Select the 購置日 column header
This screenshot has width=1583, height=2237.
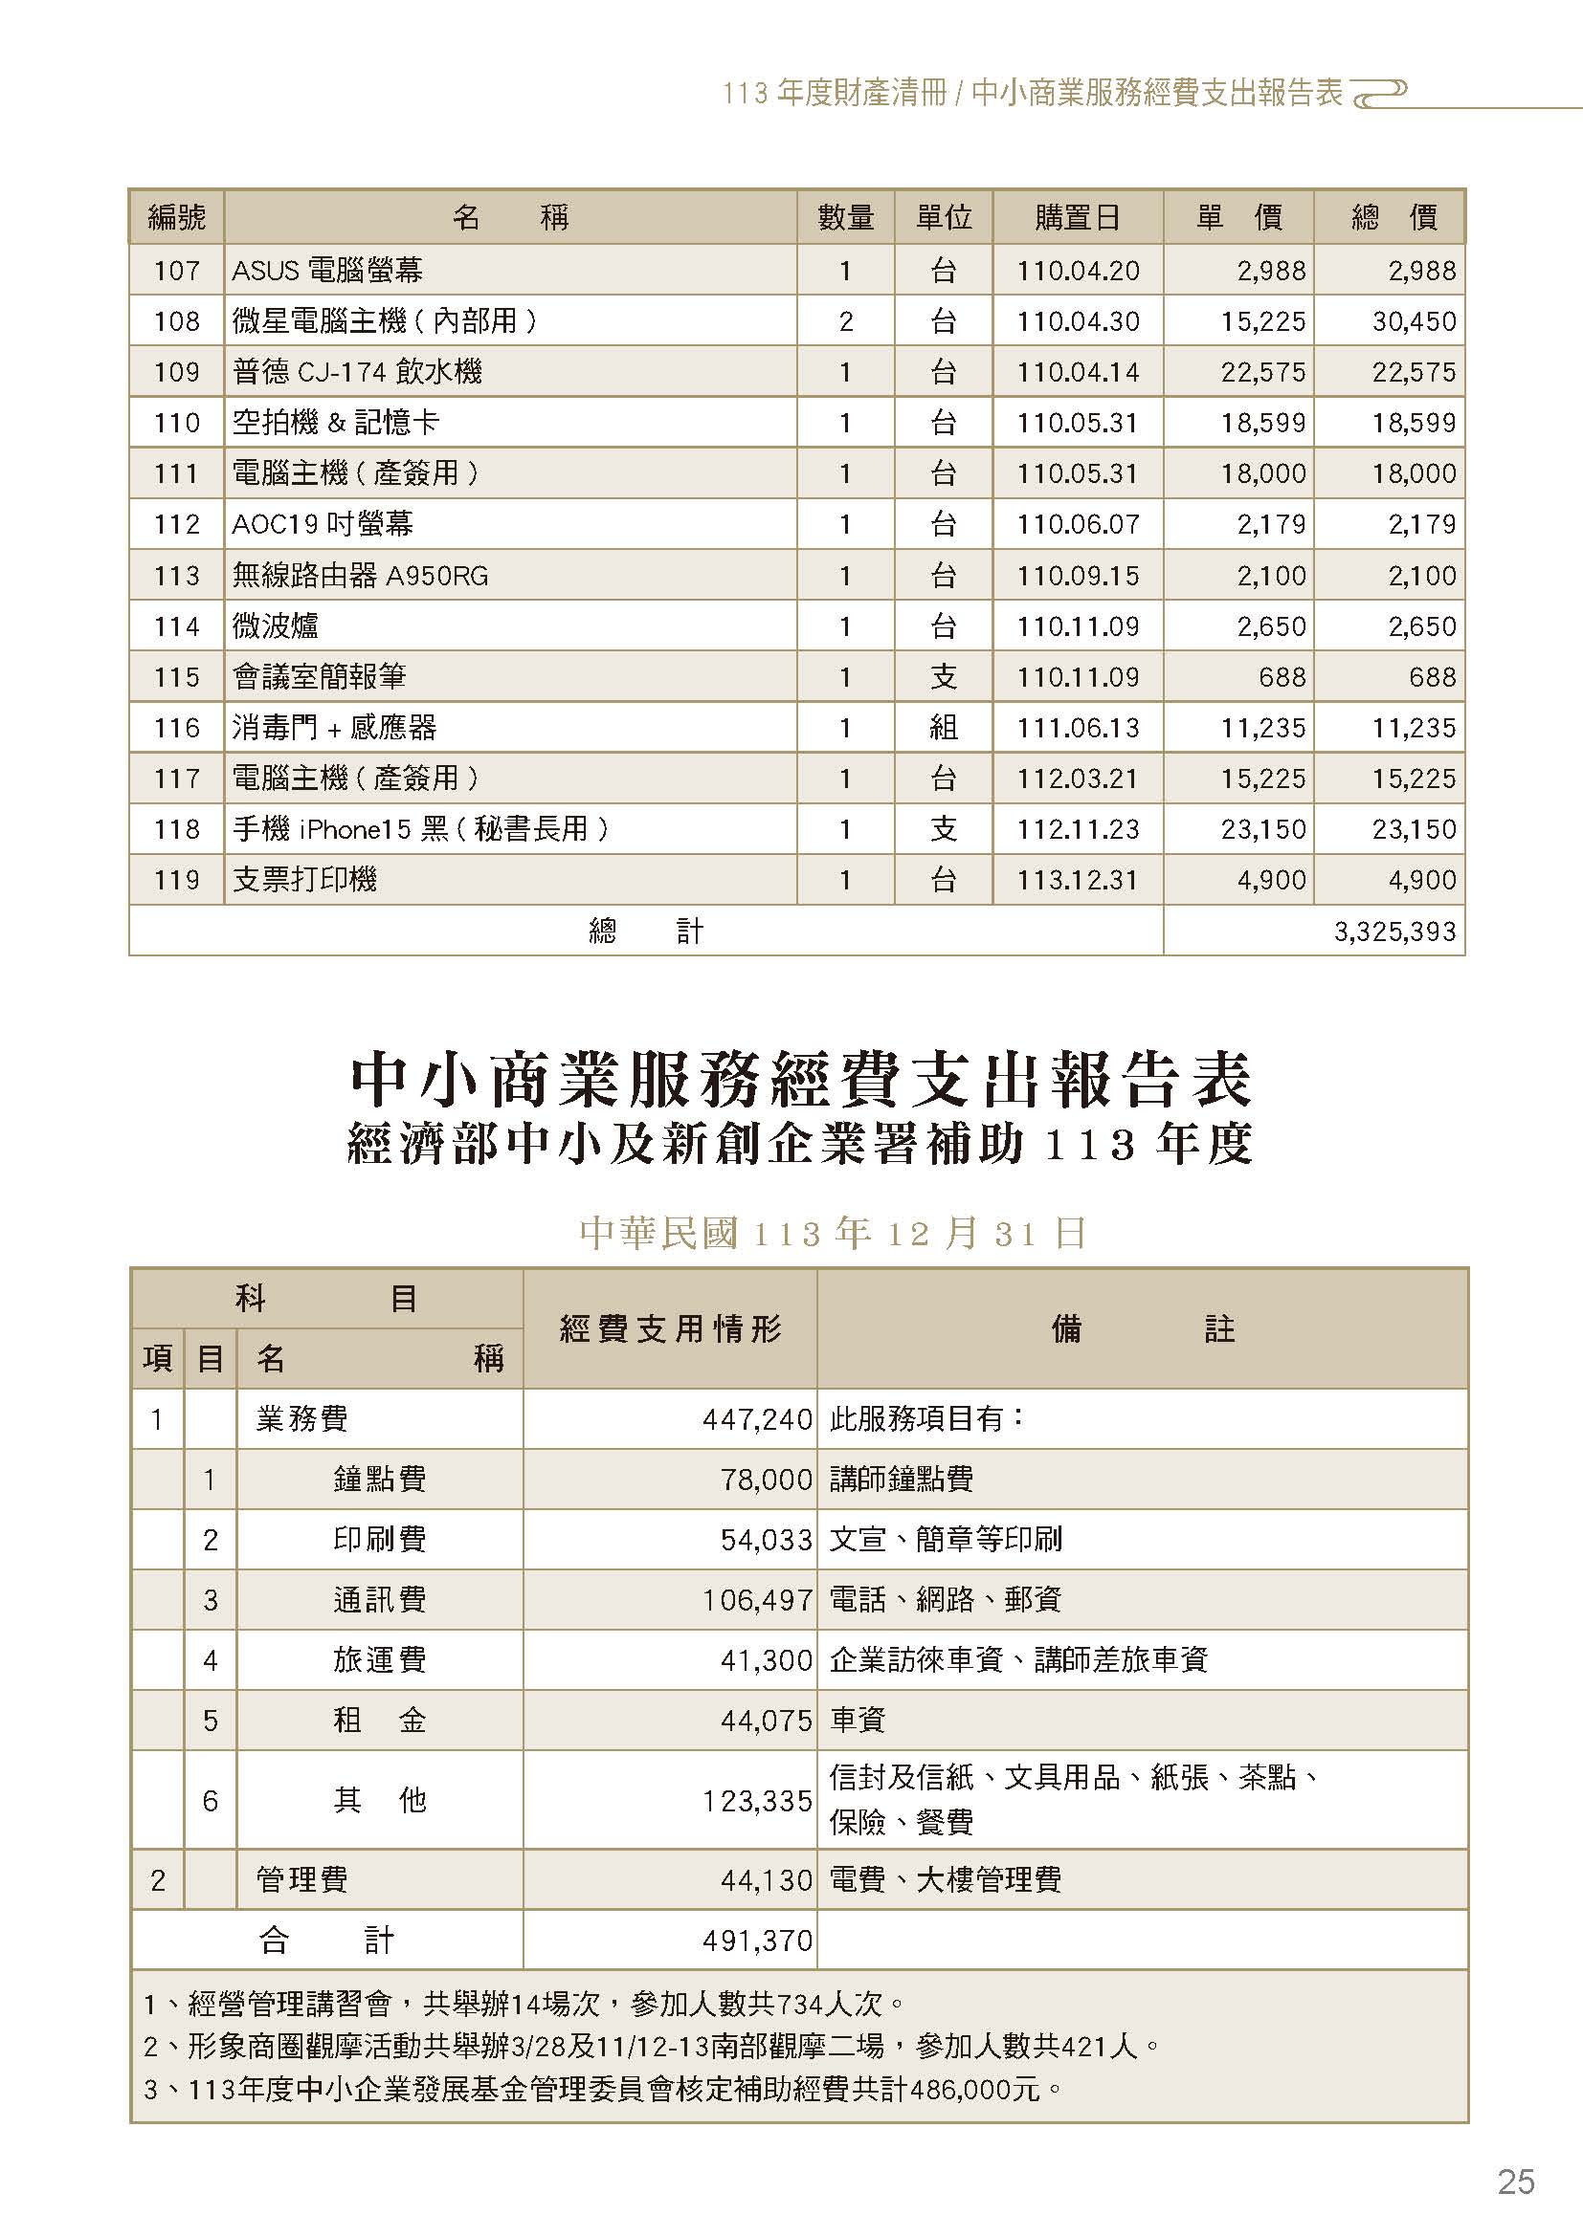tap(1077, 217)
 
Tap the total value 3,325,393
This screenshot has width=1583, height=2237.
tap(1393, 932)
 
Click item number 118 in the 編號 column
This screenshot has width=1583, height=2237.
tap(176, 829)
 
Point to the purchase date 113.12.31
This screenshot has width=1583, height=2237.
tap(1077, 880)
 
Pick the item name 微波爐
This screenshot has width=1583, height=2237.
tap(275, 625)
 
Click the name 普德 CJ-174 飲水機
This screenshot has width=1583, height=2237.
tap(357, 371)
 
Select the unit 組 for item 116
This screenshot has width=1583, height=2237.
tap(943, 728)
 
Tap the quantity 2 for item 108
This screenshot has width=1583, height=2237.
tap(845, 320)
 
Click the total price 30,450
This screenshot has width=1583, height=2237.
tap(1414, 320)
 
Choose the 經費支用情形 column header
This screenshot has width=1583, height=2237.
tap(670, 1328)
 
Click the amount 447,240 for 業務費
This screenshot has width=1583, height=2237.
tap(757, 1418)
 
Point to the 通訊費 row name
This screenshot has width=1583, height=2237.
tap(379, 1599)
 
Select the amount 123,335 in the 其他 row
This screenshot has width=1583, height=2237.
tap(757, 1801)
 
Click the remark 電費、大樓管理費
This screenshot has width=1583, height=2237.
tap(945, 1879)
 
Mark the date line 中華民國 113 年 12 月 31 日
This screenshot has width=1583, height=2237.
tap(833, 1234)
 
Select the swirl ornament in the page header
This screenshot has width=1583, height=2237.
tap(1382, 91)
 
